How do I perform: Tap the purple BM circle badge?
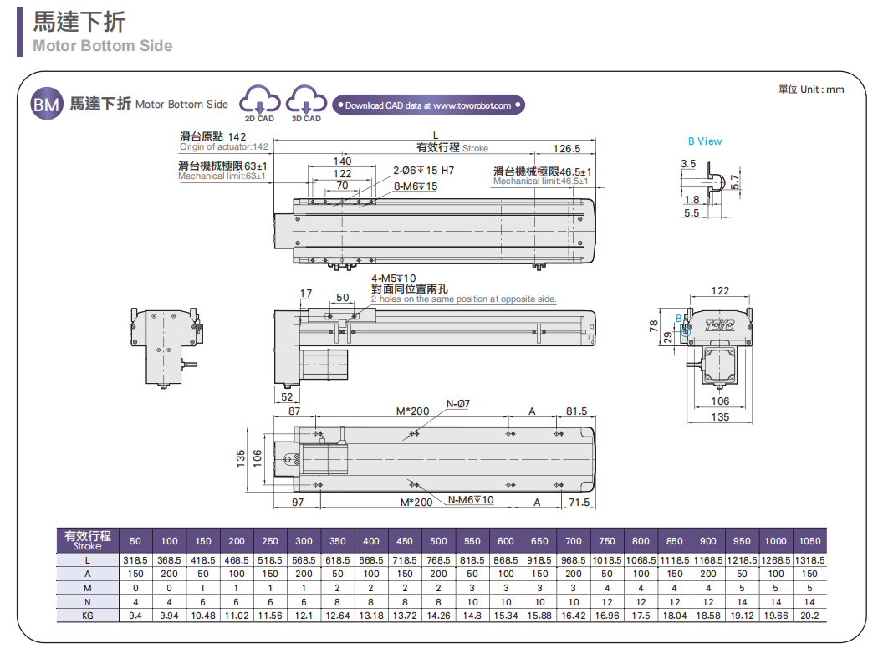click(x=46, y=104)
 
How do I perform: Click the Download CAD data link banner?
click(x=427, y=105)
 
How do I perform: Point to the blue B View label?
click(x=705, y=141)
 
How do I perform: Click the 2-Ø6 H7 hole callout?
click(x=423, y=171)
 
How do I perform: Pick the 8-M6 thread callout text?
click(x=415, y=186)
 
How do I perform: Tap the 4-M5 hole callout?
click(x=393, y=278)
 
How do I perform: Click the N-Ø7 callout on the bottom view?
click(x=457, y=403)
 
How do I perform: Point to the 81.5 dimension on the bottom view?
click(x=576, y=411)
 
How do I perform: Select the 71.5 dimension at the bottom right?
click(x=578, y=502)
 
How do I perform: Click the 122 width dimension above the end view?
click(x=720, y=291)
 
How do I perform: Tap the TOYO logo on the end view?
click(x=719, y=324)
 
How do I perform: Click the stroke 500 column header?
click(x=438, y=541)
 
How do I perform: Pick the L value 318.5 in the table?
click(x=135, y=560)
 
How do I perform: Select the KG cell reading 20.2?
click(x=809, y=616)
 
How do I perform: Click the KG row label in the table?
click(x=87, y=616)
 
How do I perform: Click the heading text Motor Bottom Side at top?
click(x=103, y=46)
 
